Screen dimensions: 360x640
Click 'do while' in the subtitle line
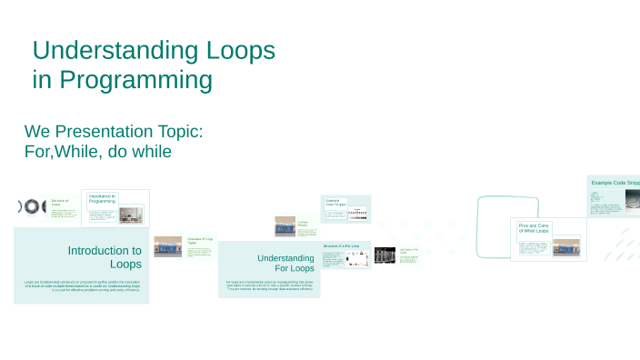click(139, 151)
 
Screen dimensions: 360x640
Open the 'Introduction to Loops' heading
click(104, 257)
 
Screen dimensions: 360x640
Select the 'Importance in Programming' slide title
click(102, 199)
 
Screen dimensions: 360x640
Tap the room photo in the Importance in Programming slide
click(131, 215)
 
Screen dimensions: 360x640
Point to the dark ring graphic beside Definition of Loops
click(32, 207)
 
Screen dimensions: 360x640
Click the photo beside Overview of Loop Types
click(167, 246)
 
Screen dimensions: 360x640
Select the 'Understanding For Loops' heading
click(285, 263)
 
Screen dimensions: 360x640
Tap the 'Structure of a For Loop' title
click(342, 246)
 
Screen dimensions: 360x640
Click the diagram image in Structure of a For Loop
click(357, 258)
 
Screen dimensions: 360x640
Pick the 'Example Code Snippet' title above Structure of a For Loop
click(336, 203)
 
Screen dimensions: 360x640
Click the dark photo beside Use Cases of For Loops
click(385, 255)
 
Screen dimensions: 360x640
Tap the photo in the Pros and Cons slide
click(565, 246)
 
